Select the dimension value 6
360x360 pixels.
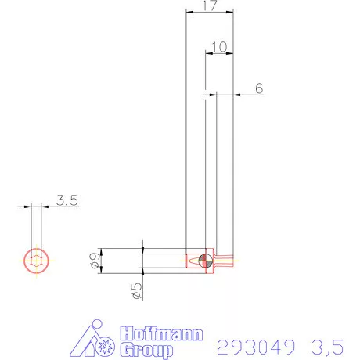pyautogui.click(x=257, y=88)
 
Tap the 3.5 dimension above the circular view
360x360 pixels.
pyautogui.click(x=67, y=200)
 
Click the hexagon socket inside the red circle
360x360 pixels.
pyautogui.click(x=35, y=261)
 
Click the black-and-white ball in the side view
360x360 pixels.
pyautogui.click(x=205, y=260)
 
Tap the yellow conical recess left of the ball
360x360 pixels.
pyautogui.click(x=194, y=259)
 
